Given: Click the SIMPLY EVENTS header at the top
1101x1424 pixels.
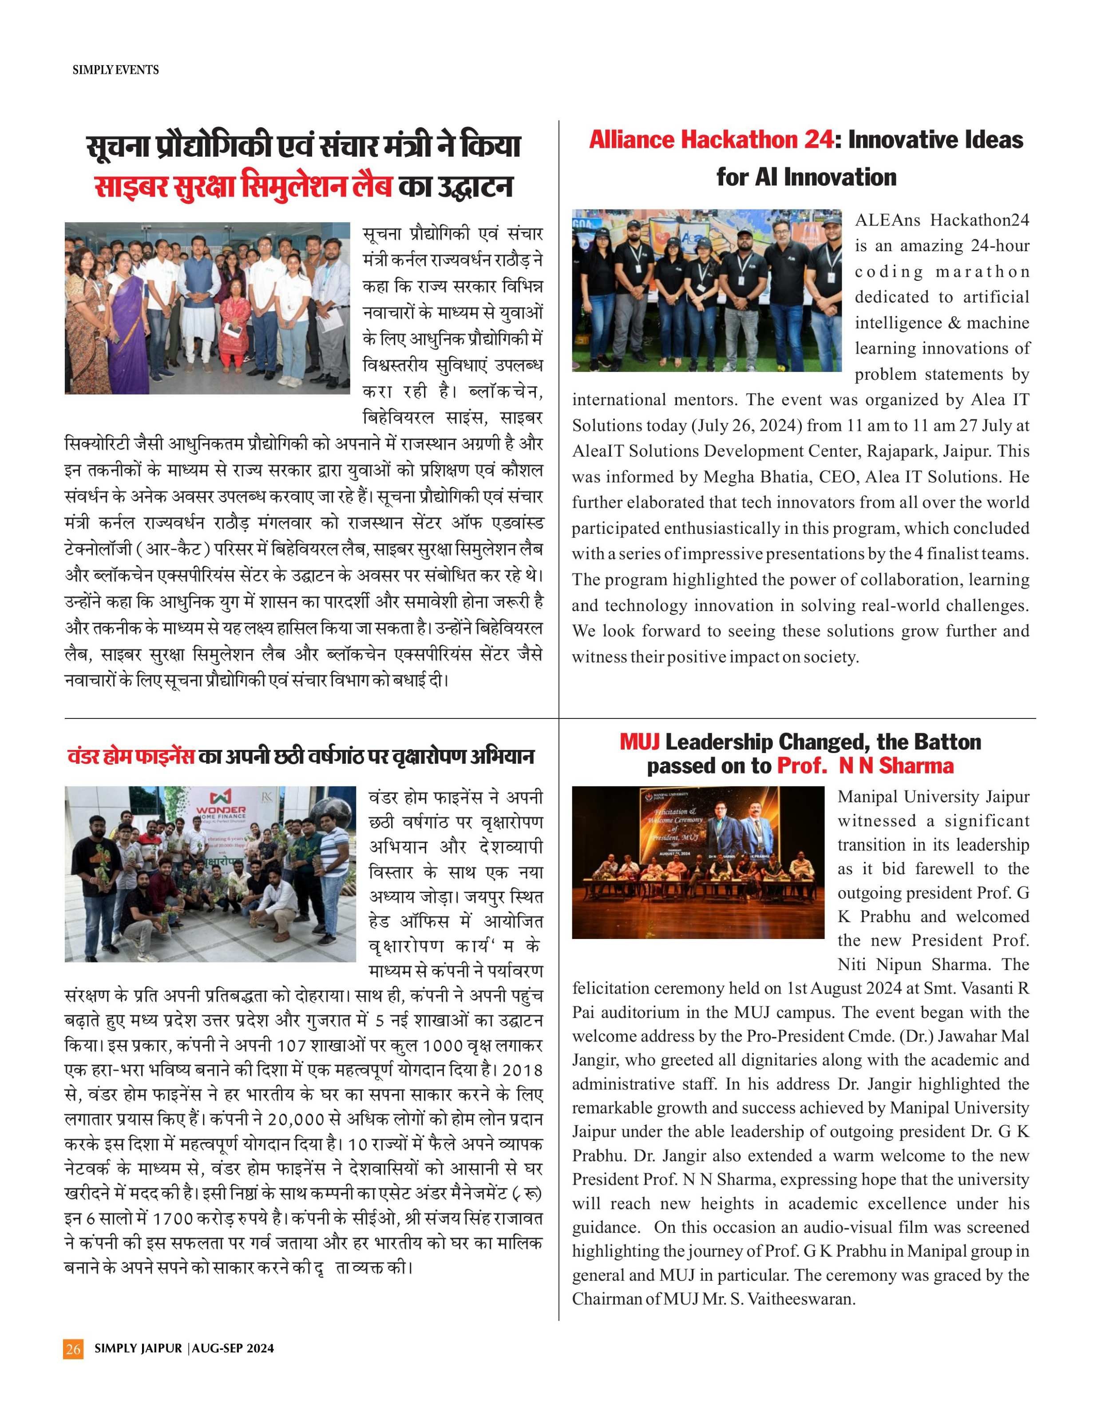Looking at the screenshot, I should click(115, 69).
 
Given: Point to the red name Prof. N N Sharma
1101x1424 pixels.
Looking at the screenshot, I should click(865, 765).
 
